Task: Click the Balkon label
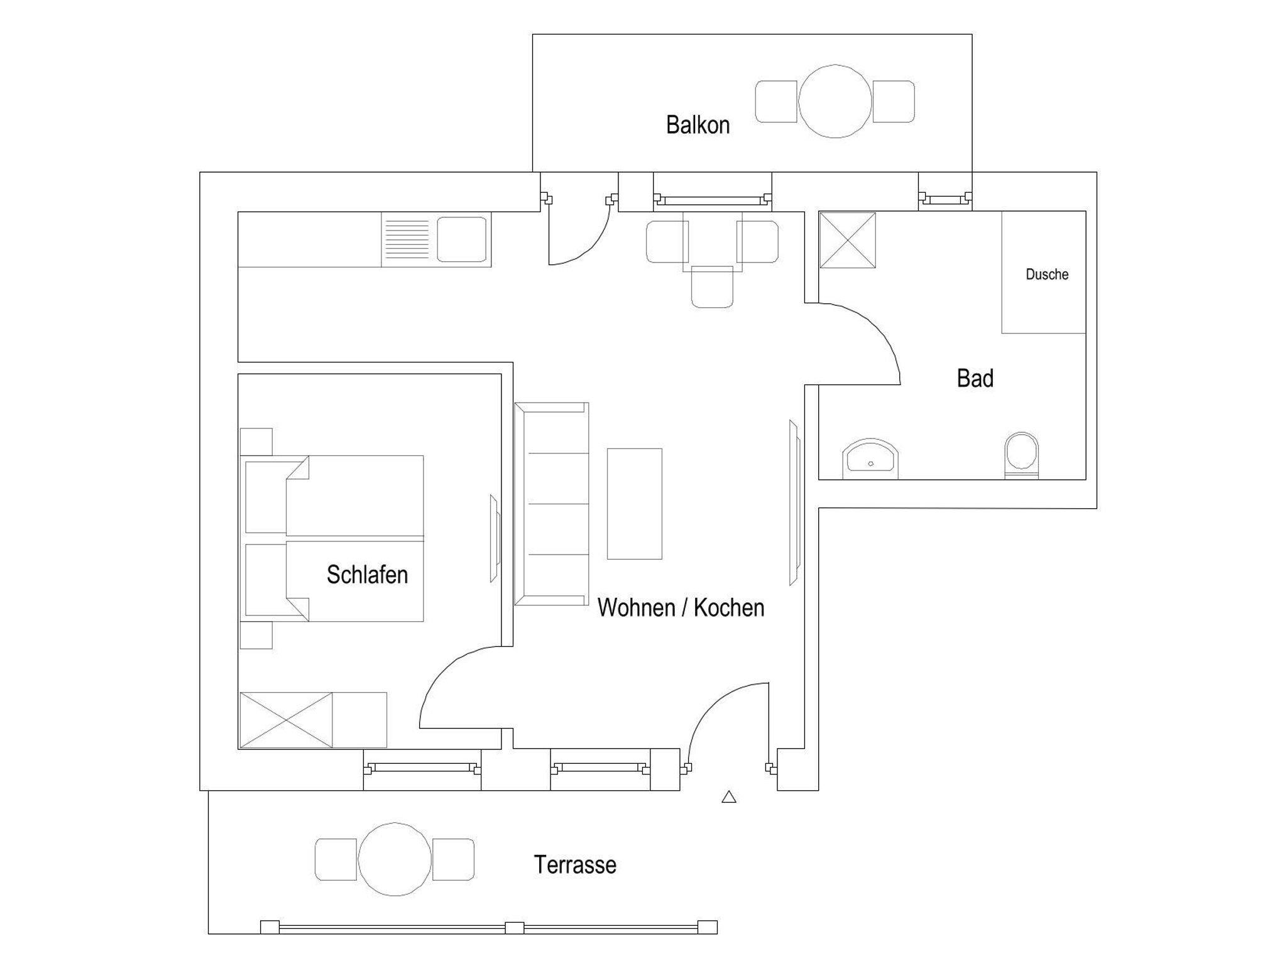[698, 125]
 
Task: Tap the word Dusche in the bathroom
[1047, 274]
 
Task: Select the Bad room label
[975, 379]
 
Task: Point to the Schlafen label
[367, 575]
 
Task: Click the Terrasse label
[575, 865]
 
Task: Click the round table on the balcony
[835, 101]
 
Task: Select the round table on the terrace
[395, 859]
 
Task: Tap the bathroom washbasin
[870, 459]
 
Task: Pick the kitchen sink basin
[462, 239]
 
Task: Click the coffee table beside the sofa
[634, 504]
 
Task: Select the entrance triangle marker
[729, 797]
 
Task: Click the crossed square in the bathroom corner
[847, 240]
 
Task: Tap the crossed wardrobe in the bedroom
[286, 720]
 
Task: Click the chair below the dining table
[712, 287]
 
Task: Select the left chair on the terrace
[336, 859]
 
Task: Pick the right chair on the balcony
[894, 101]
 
